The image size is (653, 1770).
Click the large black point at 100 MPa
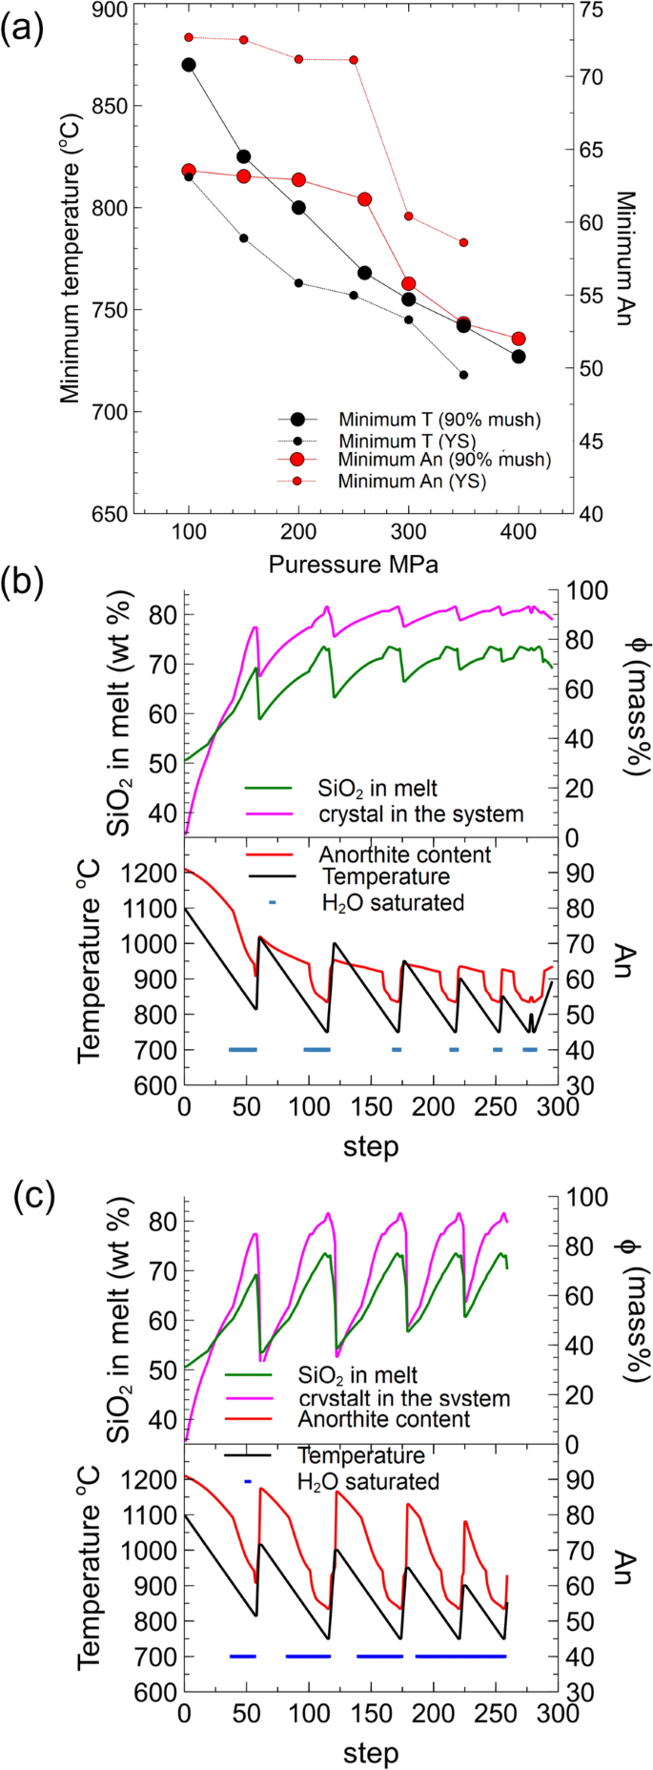pos(189,65)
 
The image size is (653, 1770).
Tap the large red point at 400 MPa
pos(519,339)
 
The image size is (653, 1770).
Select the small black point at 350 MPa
pos(463,375)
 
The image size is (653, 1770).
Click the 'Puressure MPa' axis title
pos(354,564)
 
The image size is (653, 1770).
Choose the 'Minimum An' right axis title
pos(624,257)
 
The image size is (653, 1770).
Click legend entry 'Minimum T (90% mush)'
pos(439,420)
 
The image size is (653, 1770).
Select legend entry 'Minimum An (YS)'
pos(411,482)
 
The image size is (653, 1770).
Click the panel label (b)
pos(23,583)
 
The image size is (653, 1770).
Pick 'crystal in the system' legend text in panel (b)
pos(420,814)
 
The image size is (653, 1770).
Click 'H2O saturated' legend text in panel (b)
pos(393,901)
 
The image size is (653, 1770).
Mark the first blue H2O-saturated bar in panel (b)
pos(243,1050)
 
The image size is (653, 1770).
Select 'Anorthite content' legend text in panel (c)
pos(384,1419)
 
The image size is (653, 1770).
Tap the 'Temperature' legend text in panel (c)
pos(361,1456)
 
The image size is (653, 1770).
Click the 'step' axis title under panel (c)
pos(371,1752)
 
